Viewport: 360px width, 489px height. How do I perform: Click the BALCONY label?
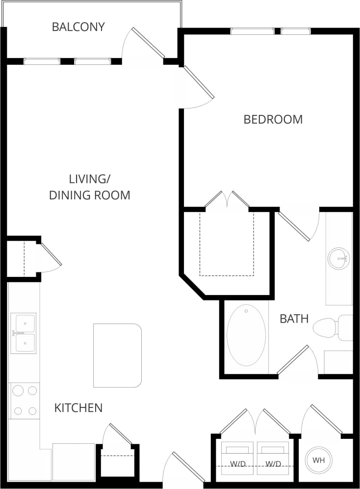[x=78, y=27]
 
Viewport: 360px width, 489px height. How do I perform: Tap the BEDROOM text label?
[x=273, y=119]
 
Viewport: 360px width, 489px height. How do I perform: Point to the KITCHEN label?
[x=78, y=407]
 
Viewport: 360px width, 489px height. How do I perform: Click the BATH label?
[x=294, y=319]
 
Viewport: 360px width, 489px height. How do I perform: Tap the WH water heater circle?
[x=318, y=461]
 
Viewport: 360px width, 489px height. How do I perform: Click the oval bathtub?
[x=246, y=335]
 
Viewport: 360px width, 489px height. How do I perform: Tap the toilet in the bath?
[x=332, y=328]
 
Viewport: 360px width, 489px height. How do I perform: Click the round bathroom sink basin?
[x=339, y=258]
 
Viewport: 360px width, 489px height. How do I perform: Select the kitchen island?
[x=117, y=355]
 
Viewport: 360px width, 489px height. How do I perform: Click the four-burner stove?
[x=25, y=401]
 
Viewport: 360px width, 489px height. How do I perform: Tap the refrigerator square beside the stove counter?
[x=73, y=462]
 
